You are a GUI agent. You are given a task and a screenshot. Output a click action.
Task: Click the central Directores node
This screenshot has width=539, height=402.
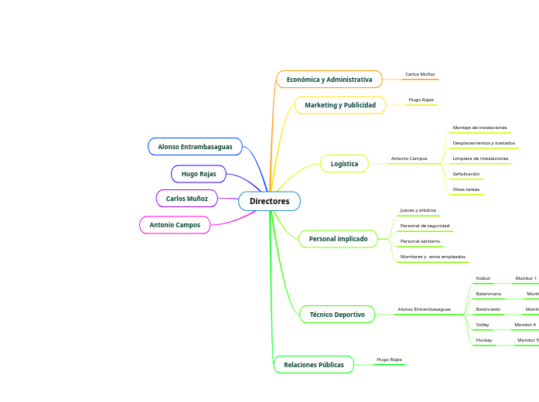click(x=269, y=201)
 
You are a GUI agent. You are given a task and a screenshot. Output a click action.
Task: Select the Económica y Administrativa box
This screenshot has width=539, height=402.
click(x=329, y=80)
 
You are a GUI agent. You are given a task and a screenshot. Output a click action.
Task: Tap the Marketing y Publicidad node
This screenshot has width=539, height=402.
click(x=340, y=105)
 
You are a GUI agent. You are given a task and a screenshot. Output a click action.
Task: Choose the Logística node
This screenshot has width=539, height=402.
click(x=344, y=164)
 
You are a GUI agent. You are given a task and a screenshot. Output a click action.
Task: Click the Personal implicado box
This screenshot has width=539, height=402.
click(x=338, y=239)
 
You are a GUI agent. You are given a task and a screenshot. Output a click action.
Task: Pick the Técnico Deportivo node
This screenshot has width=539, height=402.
click(x=337, y=315)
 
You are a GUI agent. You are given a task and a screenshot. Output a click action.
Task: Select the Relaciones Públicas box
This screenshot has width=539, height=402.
click(x=314, y=364)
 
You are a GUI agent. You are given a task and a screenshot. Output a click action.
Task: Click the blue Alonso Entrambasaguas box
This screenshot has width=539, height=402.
click(x=195, y=147)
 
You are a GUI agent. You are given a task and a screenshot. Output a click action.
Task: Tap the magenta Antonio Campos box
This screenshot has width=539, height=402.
click(x=175, y=225)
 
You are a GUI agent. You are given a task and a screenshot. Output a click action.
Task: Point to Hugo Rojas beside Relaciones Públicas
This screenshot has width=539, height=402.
click(x=389, y=359)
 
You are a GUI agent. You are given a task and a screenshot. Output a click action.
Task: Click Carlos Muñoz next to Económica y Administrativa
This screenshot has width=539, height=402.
click(x=420, y=74)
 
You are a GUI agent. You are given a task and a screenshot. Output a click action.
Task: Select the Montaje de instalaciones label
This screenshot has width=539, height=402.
click(x=479, y=128)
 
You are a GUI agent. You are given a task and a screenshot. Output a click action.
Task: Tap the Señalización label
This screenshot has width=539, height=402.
click(x=466, y=174)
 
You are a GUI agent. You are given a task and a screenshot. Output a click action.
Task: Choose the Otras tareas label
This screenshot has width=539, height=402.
click(x=466, y=189)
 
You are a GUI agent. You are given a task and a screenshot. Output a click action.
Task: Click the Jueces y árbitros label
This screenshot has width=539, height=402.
click(x=418, y=210)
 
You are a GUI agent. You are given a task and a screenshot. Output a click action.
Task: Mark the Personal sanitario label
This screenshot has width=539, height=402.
click(x=420, y=241)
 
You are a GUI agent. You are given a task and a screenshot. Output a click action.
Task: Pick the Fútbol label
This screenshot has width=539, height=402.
click(x=483, y=278)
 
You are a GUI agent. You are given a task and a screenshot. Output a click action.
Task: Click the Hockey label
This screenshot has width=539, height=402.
click(x=484, y=340)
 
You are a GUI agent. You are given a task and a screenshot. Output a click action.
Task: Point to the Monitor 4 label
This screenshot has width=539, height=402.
click(x=525, y=325)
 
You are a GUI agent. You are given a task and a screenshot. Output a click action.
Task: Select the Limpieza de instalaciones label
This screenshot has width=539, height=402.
click(x=480, y=158)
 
